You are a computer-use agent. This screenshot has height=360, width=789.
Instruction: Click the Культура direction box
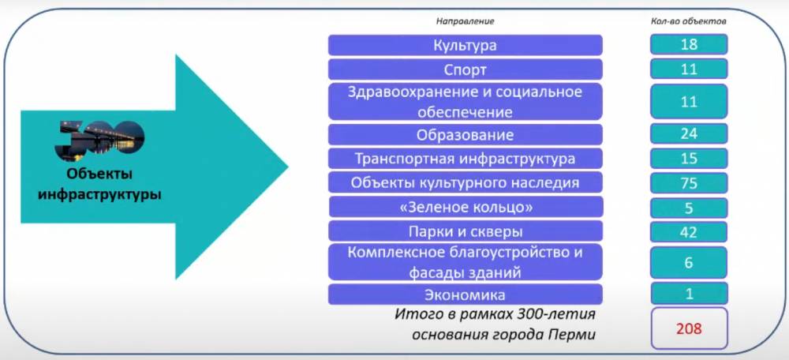pyautogui.click(x=466, y=45)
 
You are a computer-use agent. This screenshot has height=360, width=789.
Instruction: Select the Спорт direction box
pyautogui.click(x=466, y=69)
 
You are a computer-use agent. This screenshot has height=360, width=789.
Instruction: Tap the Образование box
pyautogui.click(x=466, y=135)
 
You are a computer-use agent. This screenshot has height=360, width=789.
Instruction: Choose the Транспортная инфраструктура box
pyautogui.click(x=466, y=159)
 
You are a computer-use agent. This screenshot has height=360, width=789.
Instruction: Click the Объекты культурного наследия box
pyautogui.click(x=466, y=183)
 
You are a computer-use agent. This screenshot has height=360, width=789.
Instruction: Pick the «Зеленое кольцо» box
pyautogui.click(x=466, y=208)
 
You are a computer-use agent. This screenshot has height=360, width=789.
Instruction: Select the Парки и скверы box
pyautogui.click(x=466, y=231)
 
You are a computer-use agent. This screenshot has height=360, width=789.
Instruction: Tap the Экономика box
pyautogui.click(x=466, y=295)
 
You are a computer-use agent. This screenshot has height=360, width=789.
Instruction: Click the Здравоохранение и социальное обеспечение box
pyautogui.click(x=466, y=102)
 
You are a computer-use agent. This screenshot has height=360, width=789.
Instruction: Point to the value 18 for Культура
pyautogui.click(x=689, y=45)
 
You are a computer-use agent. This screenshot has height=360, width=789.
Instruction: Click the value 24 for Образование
pyautogui.click(x=689, y=134)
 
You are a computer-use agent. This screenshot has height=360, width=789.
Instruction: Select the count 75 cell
pyautogui.click(x=689, y=183)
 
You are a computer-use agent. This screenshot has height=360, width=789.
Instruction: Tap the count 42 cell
pyautogui.click(x=689, y=232)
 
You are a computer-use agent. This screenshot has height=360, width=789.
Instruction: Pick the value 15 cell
pyautogui.click(x=689, y=159)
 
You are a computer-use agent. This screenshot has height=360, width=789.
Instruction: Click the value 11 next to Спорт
pyautogui.click(x=689, y=69)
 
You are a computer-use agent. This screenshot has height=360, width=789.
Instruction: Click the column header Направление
pyautogui.click(x=466, y=21)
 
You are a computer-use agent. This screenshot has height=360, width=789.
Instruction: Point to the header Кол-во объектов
pyautogui.click(x=689, y=21)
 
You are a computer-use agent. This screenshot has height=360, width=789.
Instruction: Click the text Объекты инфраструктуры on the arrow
pyautogui.click(x=99, y=183)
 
